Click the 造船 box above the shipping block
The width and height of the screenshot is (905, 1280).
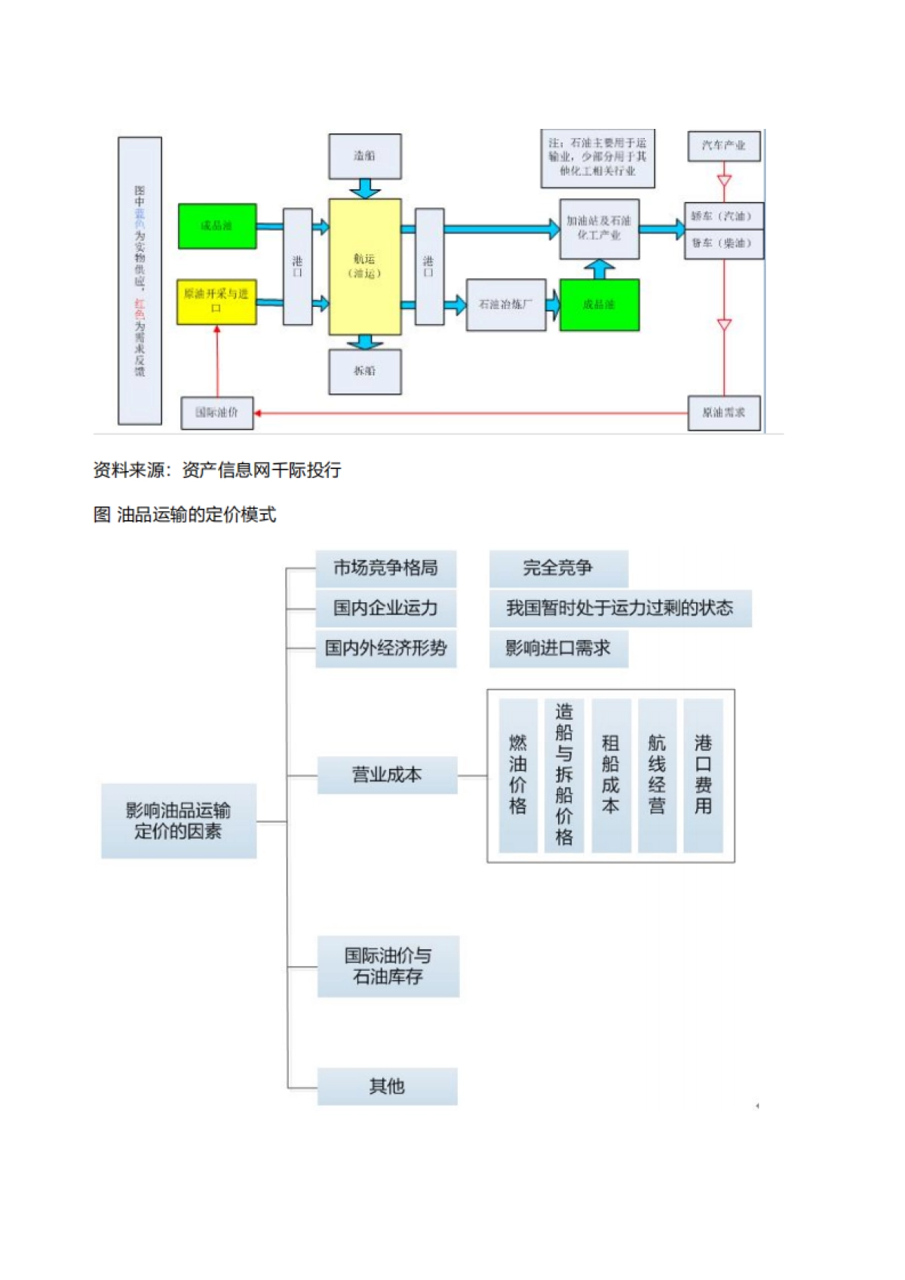click(364, 156)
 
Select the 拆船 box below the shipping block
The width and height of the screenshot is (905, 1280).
click(364, 371)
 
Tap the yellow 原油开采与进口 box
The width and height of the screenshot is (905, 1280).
click(216, 302)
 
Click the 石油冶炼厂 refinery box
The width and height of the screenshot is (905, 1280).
click(505, 305)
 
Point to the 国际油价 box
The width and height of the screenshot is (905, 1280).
click(216, 412)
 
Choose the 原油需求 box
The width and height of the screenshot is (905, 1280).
click(723, 412)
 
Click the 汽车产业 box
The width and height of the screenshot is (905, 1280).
click(723, 145)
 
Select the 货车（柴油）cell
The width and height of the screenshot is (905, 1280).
click(723, 243)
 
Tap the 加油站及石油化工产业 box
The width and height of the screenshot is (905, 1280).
click(600, 228)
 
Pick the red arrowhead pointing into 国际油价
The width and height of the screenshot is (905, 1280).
click(258, 413)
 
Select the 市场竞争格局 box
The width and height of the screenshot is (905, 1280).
click(385, 568)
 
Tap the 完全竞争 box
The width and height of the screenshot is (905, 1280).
click(558, 568)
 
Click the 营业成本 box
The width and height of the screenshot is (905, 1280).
click(387, 775)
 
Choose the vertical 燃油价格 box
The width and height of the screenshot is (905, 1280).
click(518, 775)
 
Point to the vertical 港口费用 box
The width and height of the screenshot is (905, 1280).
click(703, 775)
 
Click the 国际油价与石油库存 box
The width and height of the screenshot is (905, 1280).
click(388, 966)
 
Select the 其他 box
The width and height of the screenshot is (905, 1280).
click(387, 1086)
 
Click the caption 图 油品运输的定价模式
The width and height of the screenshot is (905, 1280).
click(185, 515)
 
